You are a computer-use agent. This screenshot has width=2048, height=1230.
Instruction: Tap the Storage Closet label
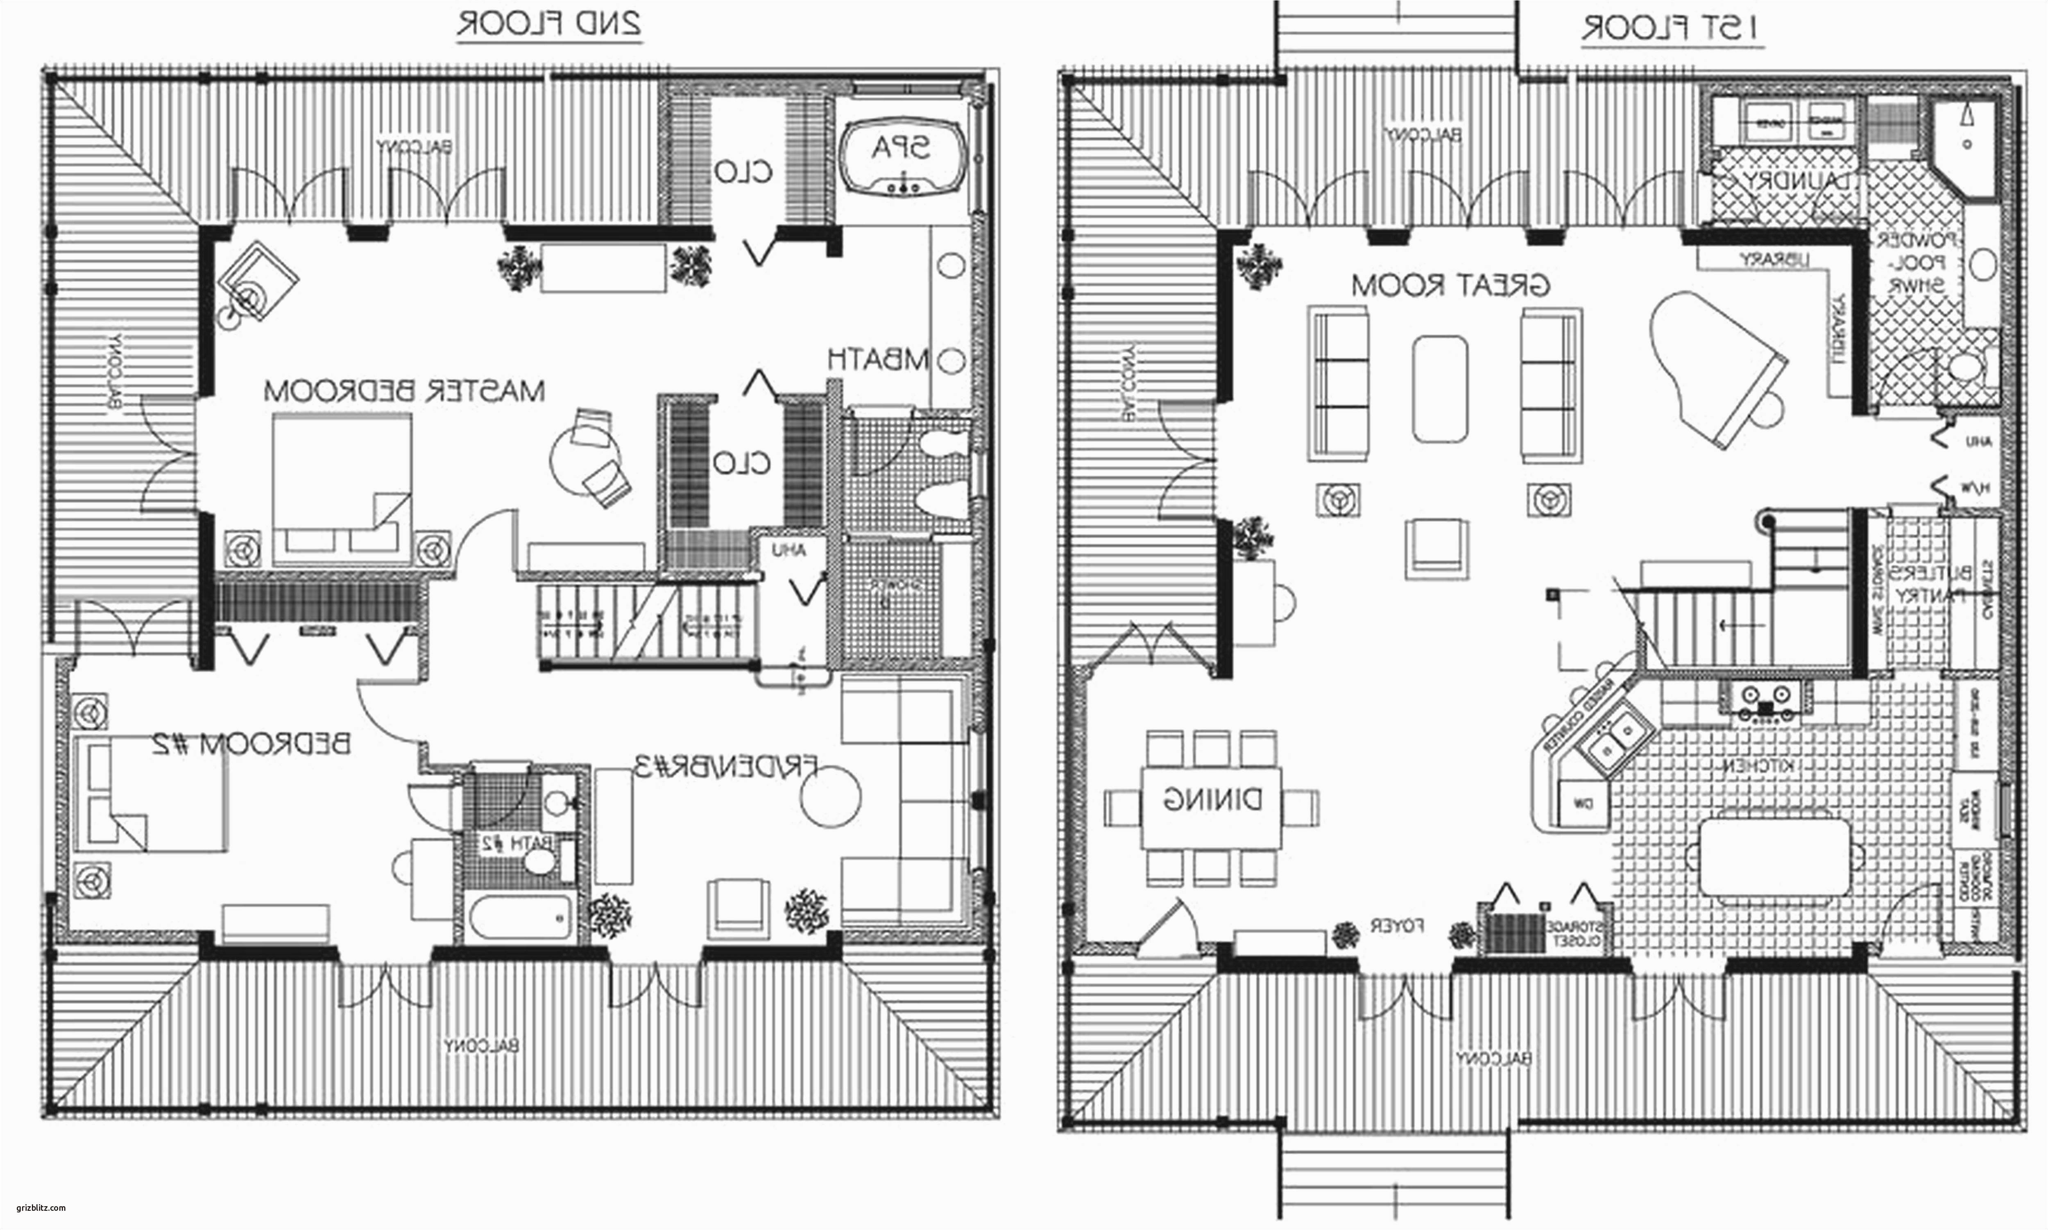(1578, 932)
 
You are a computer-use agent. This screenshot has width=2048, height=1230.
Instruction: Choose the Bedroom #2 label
(251, 743)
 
